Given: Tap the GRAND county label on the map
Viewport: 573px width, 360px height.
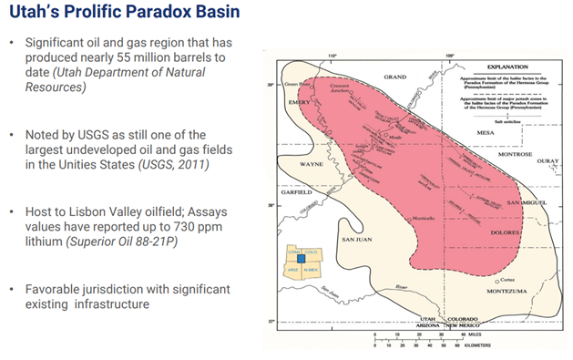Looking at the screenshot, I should pos(394,77).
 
